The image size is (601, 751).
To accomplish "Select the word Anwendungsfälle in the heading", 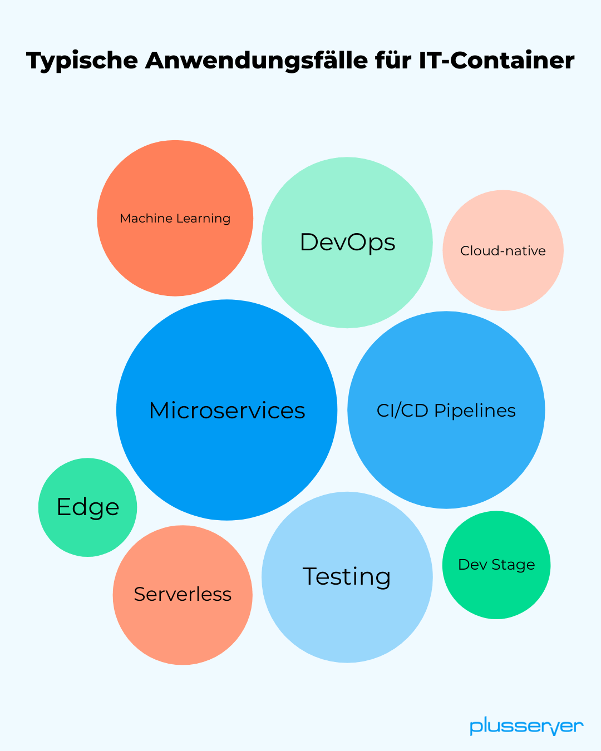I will coord(256,60).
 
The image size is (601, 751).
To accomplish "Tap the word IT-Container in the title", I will coord(496,60).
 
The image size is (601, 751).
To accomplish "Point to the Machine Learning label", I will coord(175,218).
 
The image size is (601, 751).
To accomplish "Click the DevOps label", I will coord(347,243).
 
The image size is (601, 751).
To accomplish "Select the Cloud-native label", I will coord(503,251).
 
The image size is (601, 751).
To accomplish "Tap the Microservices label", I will coord(227,411).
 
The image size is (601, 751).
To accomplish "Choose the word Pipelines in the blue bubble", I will coord(475,411).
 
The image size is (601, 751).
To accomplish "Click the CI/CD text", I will coord(402,411).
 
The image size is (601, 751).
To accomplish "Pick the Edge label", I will coord(88,507).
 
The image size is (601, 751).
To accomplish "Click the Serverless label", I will coord(183,594).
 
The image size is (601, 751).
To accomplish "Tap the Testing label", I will coord(347,576).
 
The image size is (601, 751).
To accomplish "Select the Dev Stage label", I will coord(496,565).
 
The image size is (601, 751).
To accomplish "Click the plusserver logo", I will coord(526,727).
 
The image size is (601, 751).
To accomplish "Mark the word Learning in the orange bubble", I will coord(203,219).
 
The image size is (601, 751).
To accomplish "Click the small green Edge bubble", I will coord(88,534).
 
